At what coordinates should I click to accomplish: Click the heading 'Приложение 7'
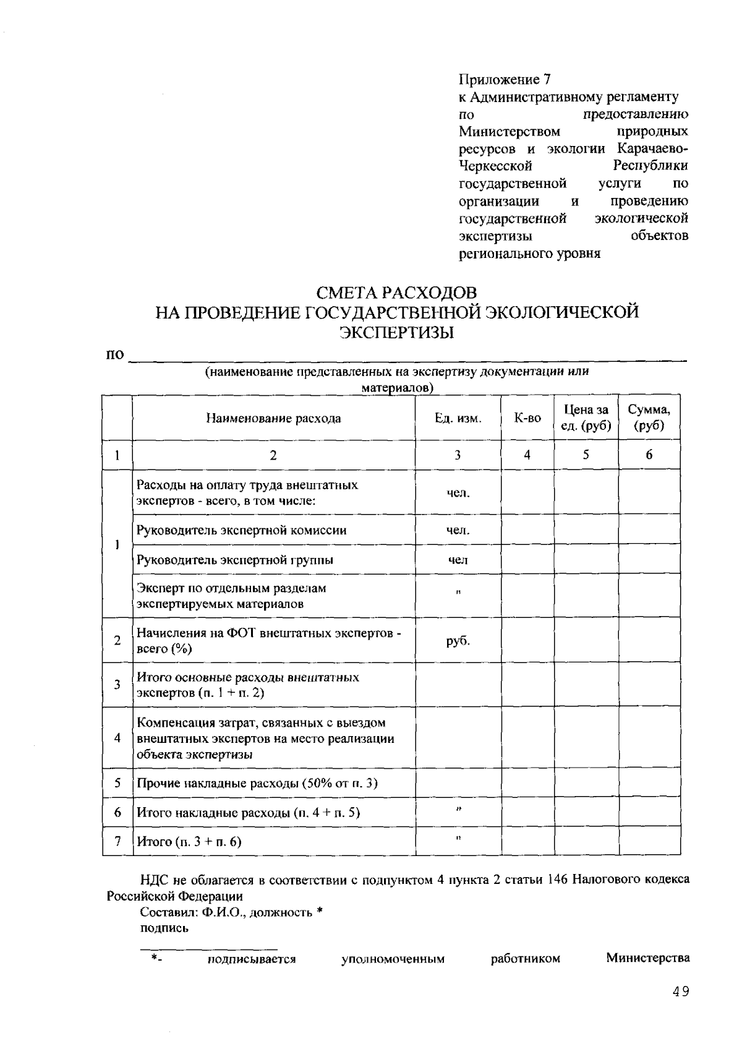click(504, 80)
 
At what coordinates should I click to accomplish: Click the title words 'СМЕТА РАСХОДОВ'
click(396, 292)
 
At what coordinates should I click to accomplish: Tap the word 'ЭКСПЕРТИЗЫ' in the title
click(396, 333)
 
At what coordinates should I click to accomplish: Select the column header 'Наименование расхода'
click(273, 419)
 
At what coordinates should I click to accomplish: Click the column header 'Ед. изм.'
click(458, 419)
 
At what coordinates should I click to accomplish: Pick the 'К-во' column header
click(527, 419)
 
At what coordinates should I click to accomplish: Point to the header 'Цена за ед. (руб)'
click(586, 418)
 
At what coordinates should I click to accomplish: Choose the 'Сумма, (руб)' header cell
click(649, 418)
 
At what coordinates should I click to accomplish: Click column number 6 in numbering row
click(649, 455)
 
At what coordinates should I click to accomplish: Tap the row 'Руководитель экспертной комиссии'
click(241, 531)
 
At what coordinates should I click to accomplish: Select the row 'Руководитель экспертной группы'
click(234, 560)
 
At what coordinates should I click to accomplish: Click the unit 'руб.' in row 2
click(458, 641)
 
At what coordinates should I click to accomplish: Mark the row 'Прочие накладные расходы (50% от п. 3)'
click(257, 784)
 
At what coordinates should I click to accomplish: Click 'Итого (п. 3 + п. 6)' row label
click(189, 842)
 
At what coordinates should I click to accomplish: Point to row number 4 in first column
click(117, 739)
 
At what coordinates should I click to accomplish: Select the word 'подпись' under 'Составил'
click(164, 928)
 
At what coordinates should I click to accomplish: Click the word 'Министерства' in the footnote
click(647, 959)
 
